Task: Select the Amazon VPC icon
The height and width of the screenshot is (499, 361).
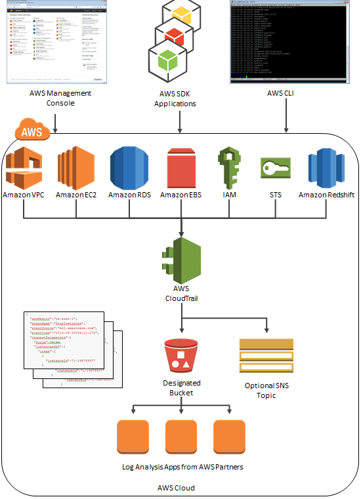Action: (23, 167)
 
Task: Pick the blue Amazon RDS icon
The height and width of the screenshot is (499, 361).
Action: (130, 167)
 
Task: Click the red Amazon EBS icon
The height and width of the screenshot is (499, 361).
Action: (181, 167)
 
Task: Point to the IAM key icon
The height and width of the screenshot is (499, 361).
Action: (226, 167)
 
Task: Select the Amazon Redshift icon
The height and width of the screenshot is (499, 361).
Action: (326, 167)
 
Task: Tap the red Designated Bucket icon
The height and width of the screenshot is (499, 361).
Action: (180, 355)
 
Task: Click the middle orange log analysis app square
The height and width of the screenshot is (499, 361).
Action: (181, 437)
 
